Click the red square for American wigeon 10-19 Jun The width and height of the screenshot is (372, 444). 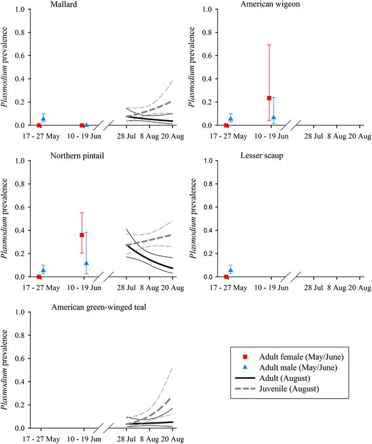point(269,98)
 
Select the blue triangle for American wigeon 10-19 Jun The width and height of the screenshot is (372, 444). point(274,118)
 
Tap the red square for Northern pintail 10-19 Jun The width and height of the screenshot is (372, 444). point(82,234)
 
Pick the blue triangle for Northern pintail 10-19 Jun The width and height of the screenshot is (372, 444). point(87,263)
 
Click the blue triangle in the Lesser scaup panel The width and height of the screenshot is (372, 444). point(230,270)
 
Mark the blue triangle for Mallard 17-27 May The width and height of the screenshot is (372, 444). point(43,118)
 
